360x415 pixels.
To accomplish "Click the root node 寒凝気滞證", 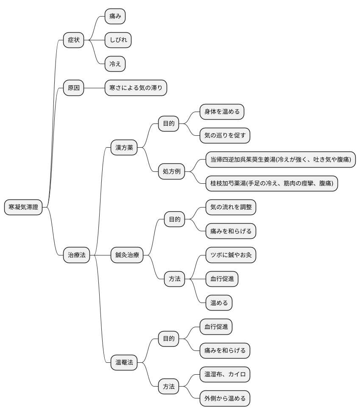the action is click(23, 207).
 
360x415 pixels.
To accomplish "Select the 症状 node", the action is click(73, 40).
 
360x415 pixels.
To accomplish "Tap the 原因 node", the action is click(73, 88).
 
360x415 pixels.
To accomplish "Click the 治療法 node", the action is click(76, 255).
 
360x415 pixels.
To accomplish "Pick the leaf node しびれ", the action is click(118, 40).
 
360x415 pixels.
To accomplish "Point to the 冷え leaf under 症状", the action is click(115, 64).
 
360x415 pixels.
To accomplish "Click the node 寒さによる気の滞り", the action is click(136, 88).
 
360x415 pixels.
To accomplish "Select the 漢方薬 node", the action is click(124, 147).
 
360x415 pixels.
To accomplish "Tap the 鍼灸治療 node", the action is click(127, 255).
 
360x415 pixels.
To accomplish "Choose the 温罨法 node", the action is click(124, 362).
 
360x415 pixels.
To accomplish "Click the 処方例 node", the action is click(171, 171).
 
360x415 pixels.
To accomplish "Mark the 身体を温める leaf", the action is click(222, 112).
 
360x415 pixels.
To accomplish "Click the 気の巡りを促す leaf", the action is click(225, 135).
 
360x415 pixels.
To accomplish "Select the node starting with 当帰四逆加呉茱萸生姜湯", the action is click(281, 160).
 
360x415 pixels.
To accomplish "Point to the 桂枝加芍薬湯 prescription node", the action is click(272, 183).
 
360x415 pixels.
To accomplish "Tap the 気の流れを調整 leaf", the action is click(231, 207).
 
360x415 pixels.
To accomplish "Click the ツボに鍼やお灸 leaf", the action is click(231, 255).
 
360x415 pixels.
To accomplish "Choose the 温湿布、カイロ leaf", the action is click(225, 375).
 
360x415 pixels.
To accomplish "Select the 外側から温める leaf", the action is click(225, 398).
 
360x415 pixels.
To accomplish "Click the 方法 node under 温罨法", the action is click(168, 387).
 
